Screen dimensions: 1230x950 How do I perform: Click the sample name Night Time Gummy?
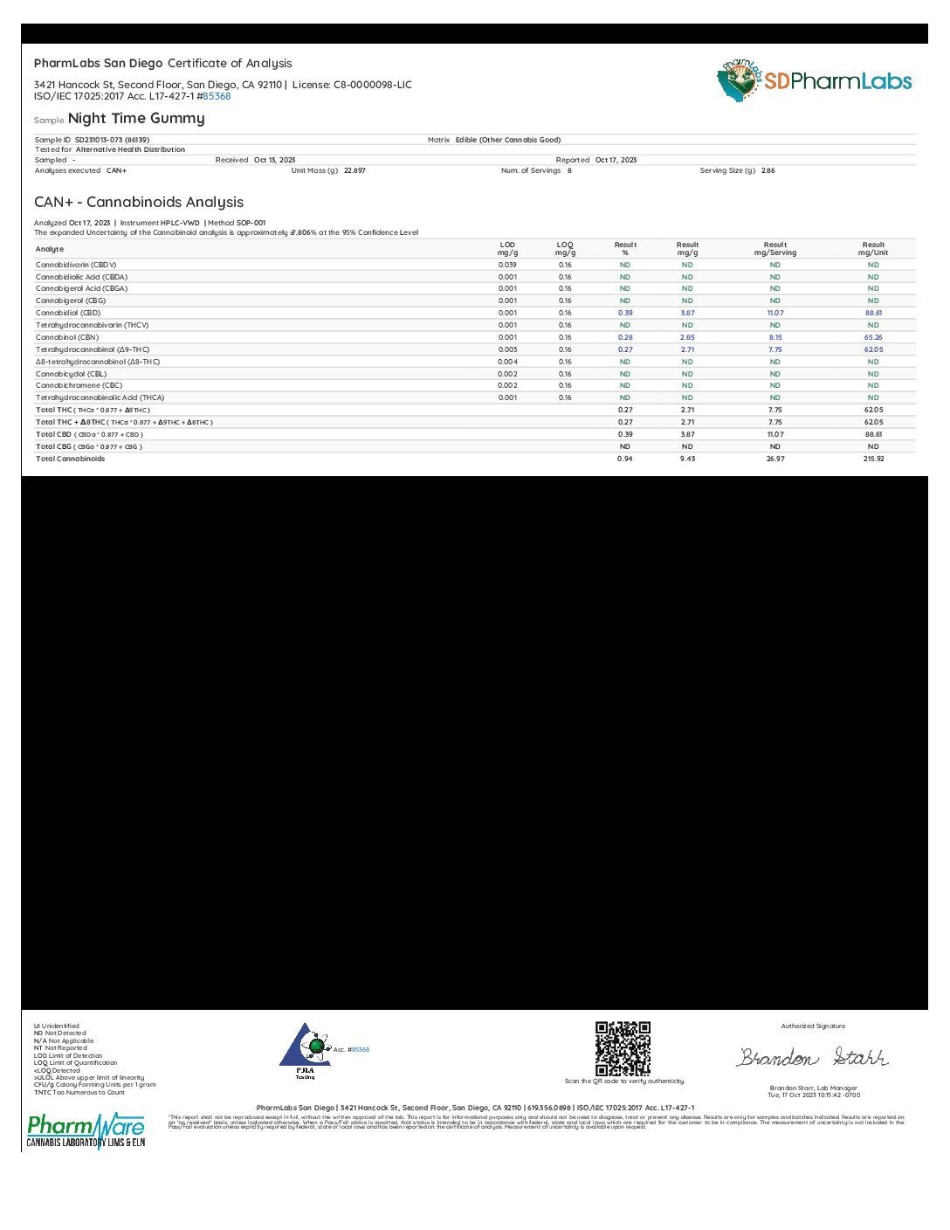tap(136, 118)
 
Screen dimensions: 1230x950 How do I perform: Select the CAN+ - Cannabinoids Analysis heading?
tap(139, 202)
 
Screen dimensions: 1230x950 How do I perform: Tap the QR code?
tap(623, 1048)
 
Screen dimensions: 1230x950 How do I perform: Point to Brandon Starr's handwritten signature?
tap(812, 1057)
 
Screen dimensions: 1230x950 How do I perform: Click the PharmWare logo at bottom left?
tap(86, 1130)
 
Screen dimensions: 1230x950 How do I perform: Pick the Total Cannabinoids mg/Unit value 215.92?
tap(873, 459)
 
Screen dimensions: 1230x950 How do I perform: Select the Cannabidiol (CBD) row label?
tap(68, 313)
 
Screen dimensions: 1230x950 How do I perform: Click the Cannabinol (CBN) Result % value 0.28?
tap(625, 337)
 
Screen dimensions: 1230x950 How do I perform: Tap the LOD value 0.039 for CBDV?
tap(507, 265)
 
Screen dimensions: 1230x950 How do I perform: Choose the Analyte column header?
tap(50, 249)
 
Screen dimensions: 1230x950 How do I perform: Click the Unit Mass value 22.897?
tap(355, 170)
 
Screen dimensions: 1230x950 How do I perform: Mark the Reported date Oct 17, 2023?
tap(616, 160)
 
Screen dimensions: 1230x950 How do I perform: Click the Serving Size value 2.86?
tap(768, 170)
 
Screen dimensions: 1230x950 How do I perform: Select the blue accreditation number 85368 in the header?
tap(217, 96)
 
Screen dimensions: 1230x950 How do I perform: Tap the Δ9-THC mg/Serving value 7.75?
tap(774, 349)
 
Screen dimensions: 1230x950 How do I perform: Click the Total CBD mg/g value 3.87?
tap(687, 434)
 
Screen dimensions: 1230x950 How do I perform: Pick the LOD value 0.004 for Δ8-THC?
tap(507, 362)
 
